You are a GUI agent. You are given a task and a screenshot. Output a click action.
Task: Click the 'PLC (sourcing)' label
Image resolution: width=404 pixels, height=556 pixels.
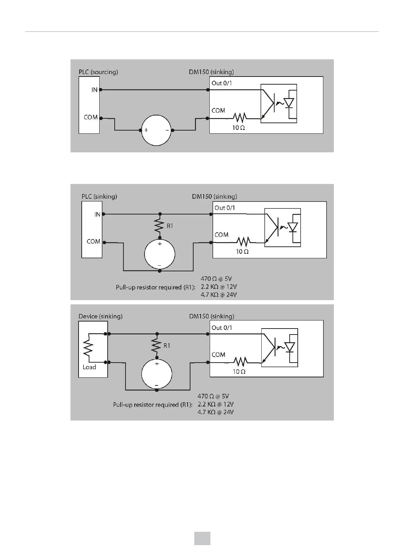pos(98,72)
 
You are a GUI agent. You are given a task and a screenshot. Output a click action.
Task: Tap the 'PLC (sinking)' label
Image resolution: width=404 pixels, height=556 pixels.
pos(99,196)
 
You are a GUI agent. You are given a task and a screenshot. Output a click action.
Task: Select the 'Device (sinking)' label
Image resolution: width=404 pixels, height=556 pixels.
pos(100,316)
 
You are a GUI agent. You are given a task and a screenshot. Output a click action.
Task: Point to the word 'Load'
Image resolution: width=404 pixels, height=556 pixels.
pos(89,367)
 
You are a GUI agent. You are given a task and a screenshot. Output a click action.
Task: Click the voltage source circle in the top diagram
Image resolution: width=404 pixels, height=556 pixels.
pos(156,130)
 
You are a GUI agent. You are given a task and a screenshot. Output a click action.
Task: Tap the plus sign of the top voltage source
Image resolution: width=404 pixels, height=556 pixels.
pos(146,130)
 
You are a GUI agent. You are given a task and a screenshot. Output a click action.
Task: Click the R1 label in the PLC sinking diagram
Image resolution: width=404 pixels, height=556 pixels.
pos(170,226)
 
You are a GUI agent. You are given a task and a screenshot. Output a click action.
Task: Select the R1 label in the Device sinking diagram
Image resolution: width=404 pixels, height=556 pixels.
pos(167,346)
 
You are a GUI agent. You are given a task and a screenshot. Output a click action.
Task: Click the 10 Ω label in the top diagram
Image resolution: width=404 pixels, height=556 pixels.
pos(238,128)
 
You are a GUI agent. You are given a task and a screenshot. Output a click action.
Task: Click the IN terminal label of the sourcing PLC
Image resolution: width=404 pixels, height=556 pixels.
pos(94,90)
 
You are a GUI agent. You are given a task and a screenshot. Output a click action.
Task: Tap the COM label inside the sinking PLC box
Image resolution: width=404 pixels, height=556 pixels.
pos(93,241)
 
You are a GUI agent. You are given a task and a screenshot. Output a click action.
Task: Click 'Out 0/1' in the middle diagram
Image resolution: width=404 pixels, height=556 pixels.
pos(225,208)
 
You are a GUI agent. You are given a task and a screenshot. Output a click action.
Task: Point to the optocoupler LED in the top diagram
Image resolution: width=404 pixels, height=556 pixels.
pos(289,103)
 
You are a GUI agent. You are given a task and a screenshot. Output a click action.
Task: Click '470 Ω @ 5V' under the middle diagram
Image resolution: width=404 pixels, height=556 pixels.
pos(216,279)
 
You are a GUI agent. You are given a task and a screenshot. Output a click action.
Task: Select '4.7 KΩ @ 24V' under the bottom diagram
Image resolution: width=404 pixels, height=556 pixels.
pos(216,412)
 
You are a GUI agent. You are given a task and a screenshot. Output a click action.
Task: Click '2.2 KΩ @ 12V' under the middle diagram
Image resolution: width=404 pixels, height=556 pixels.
pos(218,287)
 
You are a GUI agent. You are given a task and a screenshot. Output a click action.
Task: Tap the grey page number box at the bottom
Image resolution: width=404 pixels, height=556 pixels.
pos(202,538)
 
